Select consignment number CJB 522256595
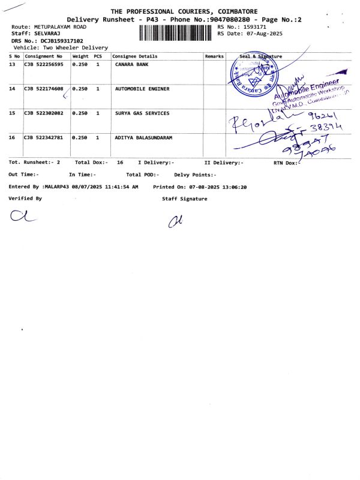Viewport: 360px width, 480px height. pyautogui.click(x=43, y=64)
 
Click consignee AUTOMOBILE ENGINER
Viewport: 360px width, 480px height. pyautogui.click(x=142, y=89)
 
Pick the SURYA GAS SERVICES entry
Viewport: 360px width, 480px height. pyautogui.click(x=142, y=113)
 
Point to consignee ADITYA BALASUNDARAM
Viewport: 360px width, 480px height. pyautogui.click(x=143, y=137)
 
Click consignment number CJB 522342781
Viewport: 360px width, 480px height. pyautogui.click(x=43, y=137)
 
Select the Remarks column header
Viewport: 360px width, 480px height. pyautogui.click(x=214, y=56)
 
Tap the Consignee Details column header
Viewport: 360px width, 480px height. pyautogui.click(x=135, y=56)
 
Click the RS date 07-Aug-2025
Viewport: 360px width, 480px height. pyautogui.click(x=268, y=34)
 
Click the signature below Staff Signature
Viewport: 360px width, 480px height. pyautogui.click(x=175, y=222)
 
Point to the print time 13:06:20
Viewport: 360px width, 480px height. pyautogui.click(x=236, y=187)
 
